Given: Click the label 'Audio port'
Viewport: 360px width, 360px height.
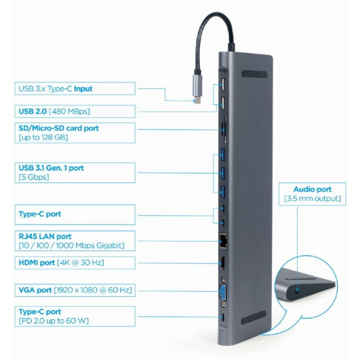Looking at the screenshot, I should pos(311,189).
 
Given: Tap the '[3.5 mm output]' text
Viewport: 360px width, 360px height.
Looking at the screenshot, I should pos(311,199).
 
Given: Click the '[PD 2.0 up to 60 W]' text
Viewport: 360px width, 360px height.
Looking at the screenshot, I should pos(53,321).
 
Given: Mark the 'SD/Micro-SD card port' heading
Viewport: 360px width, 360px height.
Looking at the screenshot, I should pos(59,128).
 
